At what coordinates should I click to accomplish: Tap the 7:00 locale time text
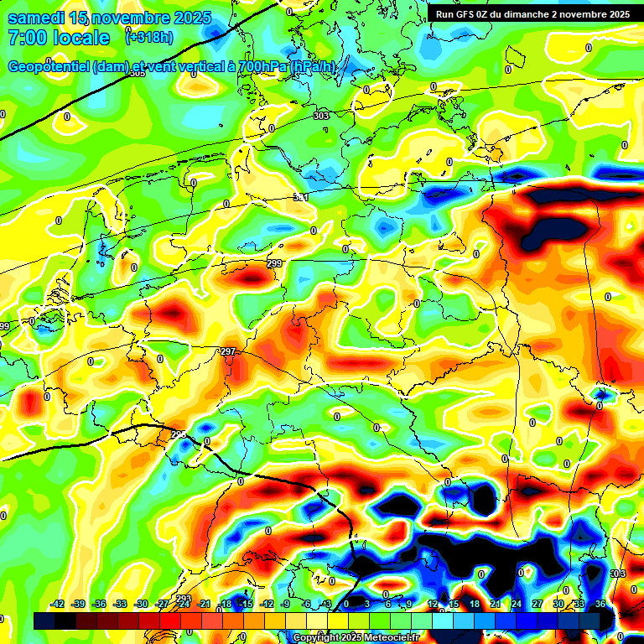(59, 38)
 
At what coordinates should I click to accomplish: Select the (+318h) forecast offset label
(148, 37)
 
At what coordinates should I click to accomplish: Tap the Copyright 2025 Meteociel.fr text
(356, 637)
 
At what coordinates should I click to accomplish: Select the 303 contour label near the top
(320, 116)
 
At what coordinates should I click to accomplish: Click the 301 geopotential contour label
(300, 197)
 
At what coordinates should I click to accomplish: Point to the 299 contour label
(273, 264)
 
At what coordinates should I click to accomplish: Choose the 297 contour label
(227, 351)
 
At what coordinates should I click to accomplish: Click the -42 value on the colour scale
(58, 604)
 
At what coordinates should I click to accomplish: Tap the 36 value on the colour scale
(600, 604)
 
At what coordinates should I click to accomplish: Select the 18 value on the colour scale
(474, 604)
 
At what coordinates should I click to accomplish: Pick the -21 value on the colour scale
(205, 604)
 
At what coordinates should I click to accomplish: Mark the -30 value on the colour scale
(142, 604)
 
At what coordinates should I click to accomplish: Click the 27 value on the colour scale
(537, 604)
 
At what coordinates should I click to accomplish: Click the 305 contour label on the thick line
(138, 73)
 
